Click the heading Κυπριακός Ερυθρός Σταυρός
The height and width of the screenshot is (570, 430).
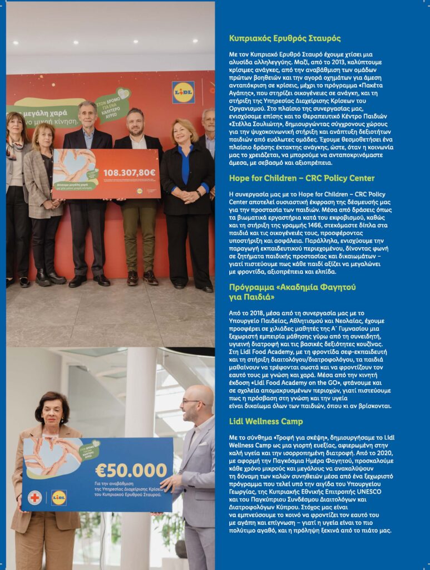tap(285, 38)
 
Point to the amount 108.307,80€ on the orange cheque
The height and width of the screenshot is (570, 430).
tap(130, 173)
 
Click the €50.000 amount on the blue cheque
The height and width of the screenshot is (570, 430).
tap(131, 470)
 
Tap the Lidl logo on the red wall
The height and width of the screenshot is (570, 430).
tap(183, 92)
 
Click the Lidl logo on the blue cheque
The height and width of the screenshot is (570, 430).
tap(59, 497)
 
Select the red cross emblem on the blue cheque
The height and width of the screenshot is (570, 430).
tap(35, 497)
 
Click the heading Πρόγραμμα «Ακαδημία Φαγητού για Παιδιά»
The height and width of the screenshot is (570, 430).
tap(292, 292)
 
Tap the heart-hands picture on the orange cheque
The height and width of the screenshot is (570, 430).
tap(75, 169)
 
